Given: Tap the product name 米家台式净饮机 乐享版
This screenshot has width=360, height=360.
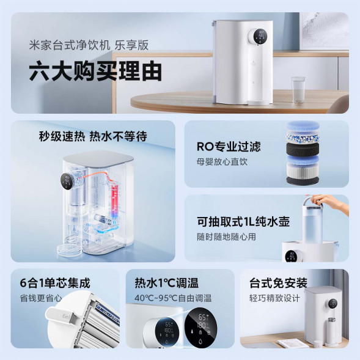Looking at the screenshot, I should coord(89,45).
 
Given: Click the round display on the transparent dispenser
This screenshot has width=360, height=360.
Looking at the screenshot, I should coord(68,182).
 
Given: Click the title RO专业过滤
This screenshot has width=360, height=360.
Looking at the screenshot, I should coord(228,147).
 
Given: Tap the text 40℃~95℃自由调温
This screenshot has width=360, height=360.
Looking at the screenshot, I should coord(173,298).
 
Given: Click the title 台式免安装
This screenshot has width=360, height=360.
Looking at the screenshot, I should coord(278,283).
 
